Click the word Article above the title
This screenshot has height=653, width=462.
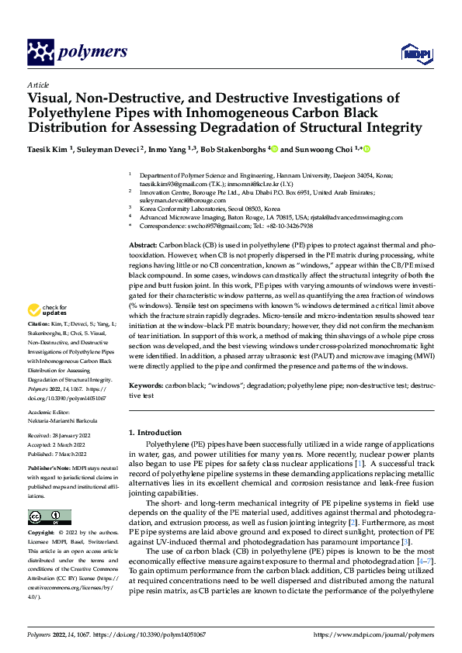tap(38, 85)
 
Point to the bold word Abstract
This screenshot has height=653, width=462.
tap(144, 222)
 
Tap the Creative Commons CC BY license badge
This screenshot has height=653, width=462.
tap(49, 517)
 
